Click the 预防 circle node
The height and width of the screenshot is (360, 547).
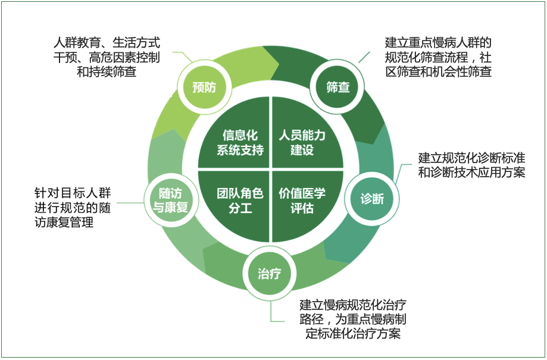coord(204,87)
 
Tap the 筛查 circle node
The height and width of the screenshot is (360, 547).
coord(338,87)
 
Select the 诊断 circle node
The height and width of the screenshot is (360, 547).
coord(372,199)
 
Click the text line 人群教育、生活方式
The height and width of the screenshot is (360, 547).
coord(107,43)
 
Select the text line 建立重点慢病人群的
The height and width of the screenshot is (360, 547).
coord(438,43)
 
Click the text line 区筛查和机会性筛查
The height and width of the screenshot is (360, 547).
coord(438,73)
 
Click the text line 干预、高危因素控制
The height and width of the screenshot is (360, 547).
coord(107,58)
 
